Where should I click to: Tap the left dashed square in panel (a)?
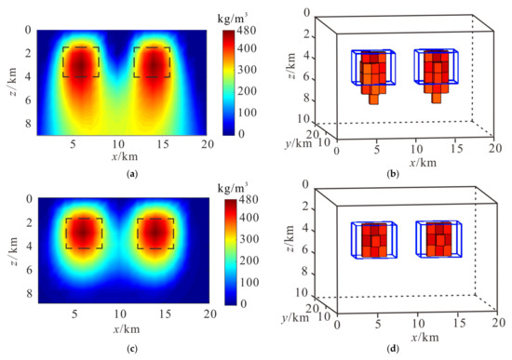80,62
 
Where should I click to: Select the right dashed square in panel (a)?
152,62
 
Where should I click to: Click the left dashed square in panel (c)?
84,233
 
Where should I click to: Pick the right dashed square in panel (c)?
155,233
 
